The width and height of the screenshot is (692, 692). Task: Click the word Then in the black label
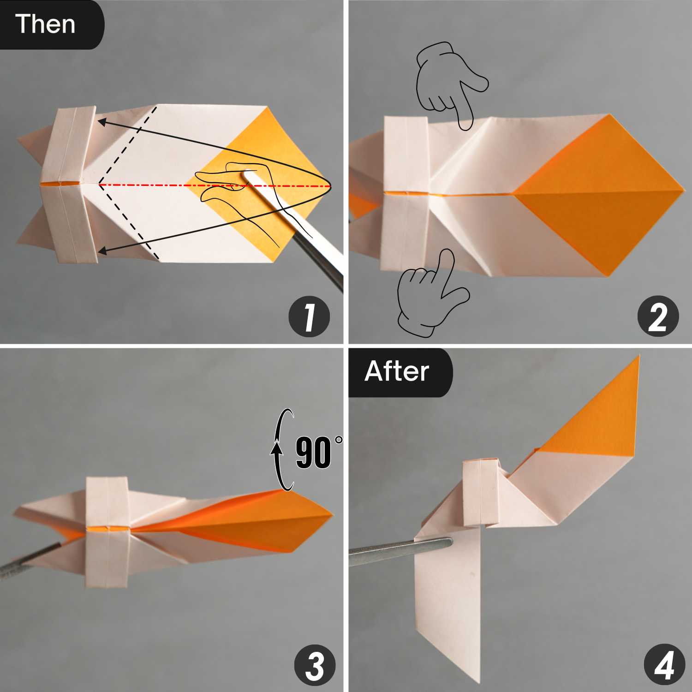pos(45,24)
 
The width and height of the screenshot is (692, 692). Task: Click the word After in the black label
pos(397,371)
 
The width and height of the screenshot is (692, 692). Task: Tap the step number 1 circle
pos(309,317)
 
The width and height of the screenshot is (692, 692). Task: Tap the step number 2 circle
pos(658,317)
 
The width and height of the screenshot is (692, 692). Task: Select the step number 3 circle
pos(315,666)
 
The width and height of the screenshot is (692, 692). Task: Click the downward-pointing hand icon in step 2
pos(450,85)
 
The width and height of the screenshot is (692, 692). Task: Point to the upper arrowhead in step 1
pos(102,122)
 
